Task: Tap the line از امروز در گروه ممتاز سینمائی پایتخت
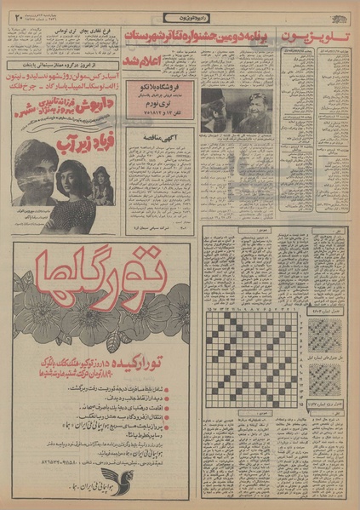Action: pyautogui.click(x=61, y=63)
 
